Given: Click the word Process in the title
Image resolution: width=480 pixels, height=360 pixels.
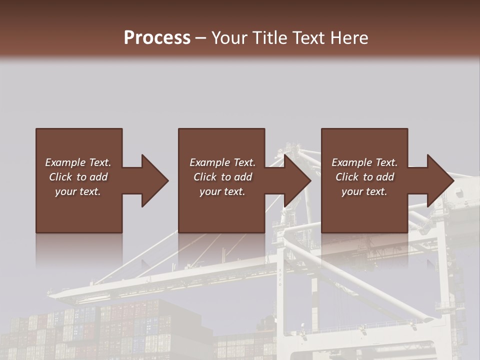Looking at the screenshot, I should [157, 37].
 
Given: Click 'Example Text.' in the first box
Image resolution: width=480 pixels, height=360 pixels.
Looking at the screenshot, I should [78, 162].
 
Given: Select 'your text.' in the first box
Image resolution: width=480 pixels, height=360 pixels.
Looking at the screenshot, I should [78, 191].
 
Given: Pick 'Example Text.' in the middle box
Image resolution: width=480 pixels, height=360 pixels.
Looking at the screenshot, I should [222, 162].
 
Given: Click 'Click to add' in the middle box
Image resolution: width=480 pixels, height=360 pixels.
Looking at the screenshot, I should [222, 177].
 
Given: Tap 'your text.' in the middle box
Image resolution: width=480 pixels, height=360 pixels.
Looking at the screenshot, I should [222, 191].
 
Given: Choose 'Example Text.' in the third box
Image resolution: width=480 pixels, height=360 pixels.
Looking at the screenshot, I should [364, 162].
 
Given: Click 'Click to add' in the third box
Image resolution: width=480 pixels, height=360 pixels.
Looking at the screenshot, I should [364, 177].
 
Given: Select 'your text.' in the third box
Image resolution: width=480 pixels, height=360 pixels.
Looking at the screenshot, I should [364, 191].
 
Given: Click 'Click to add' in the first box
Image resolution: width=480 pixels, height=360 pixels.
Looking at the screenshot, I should [78, 177].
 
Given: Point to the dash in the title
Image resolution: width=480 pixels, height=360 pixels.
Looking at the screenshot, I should [201, 37].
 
